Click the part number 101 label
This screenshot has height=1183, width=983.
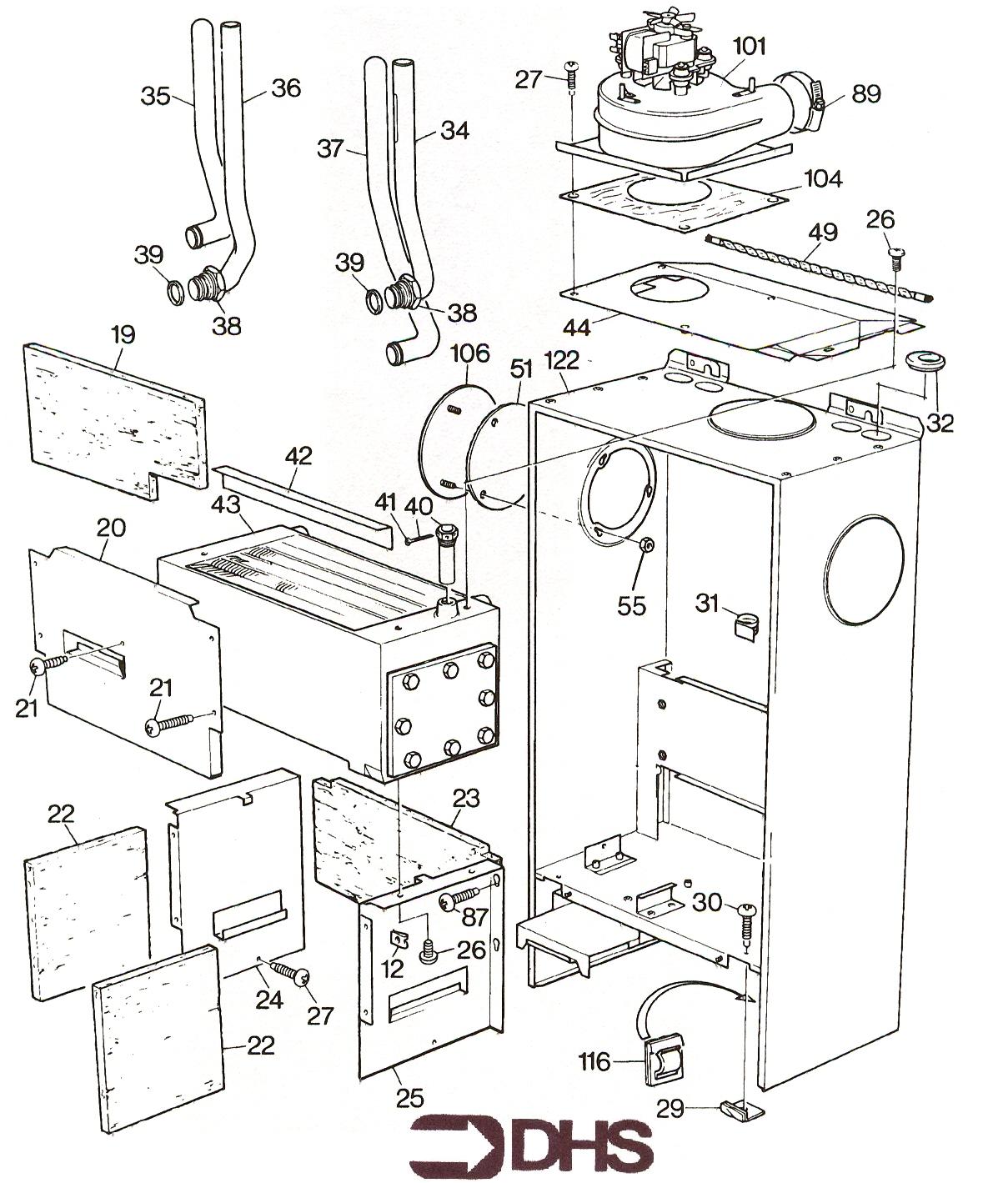[749, 46]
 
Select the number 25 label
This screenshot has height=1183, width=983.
[409, 1097]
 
